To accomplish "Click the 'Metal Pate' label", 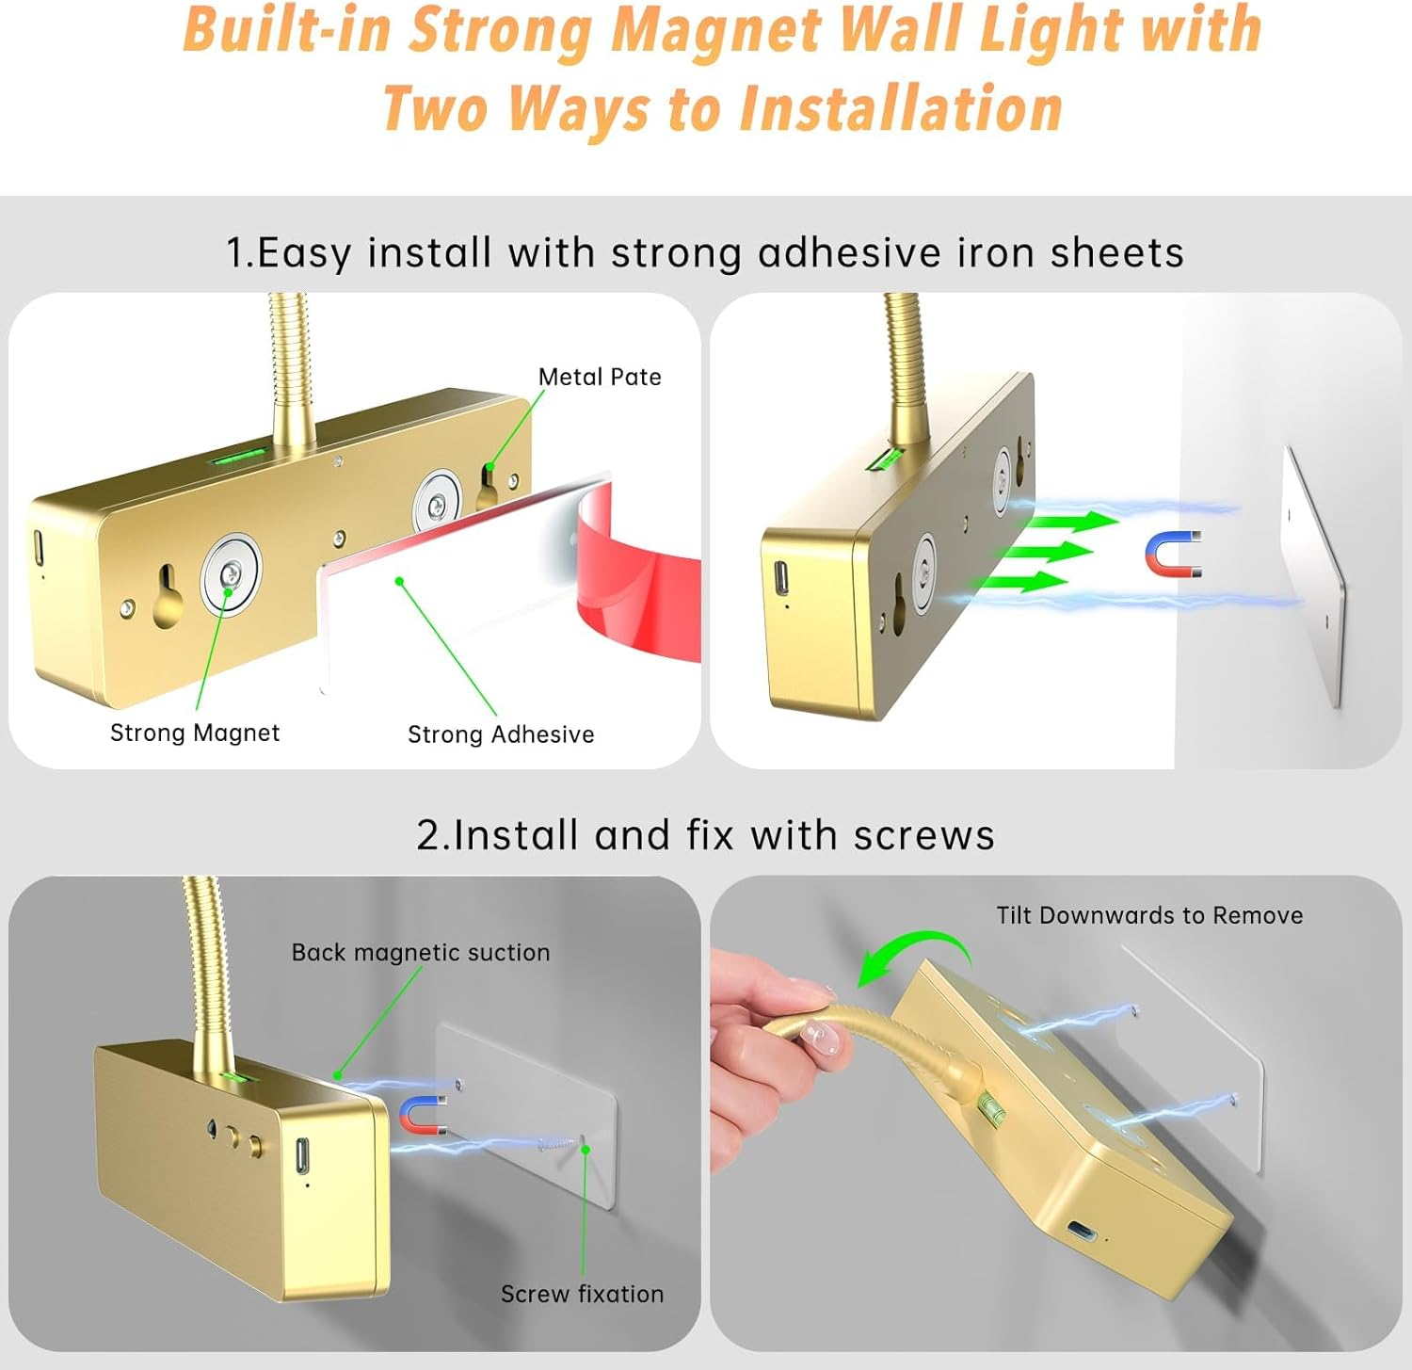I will [600, 377].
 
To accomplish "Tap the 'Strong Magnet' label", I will [195, 733].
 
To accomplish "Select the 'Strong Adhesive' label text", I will [501, 734].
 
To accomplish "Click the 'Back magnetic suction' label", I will [421, 953].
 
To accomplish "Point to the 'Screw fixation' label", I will [582, 1294].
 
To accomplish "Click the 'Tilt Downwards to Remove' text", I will [1149, 915].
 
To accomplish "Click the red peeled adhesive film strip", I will [640, 574].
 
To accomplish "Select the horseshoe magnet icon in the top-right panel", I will [1174, 556].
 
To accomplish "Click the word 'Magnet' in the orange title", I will [716, 30].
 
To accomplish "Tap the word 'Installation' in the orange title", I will [901, 108].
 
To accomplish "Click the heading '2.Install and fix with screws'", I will [705, 835].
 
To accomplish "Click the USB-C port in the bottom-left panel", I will [302, 1155].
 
